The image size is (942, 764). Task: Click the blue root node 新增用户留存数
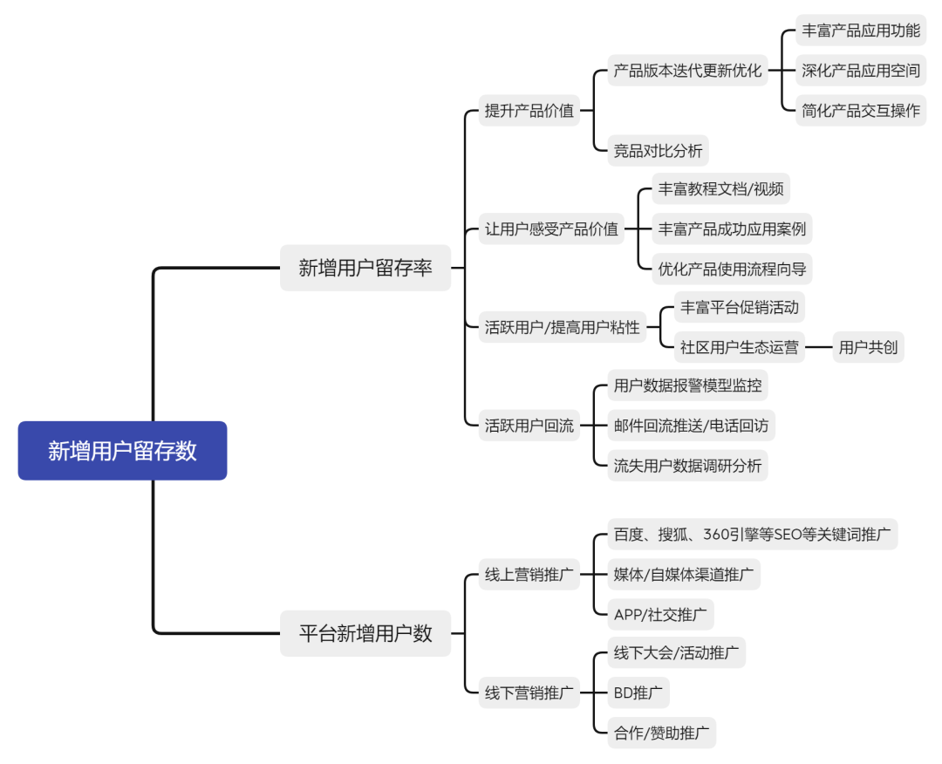tap(122, 451)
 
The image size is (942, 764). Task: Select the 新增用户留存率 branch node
tap(365, 268)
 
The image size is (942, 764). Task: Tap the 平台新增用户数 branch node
tap(365, 633)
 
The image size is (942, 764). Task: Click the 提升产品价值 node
tap(529, 111)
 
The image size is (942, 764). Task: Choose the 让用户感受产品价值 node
tap(551, 229)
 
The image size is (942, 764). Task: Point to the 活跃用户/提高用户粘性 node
tap(563, 328)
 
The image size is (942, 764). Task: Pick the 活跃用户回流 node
tap(529, 426)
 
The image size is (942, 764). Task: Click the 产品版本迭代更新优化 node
tap(687, 71)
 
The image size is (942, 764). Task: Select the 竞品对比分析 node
tap(658, 151)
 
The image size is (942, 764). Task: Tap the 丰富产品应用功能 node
tap(861, 31)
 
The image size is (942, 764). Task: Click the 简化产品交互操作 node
tap(861, 111)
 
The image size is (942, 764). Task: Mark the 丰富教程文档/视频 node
tap(720, 189)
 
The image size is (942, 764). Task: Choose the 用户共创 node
tap(868, 347)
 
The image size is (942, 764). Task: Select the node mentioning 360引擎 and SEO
tap(752, 535)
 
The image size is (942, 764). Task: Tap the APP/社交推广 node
tap(660, 614)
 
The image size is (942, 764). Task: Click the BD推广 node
tap(638, 693)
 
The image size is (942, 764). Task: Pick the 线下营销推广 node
tap(529, 693)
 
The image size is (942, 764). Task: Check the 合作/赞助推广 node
tap(661, 733)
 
